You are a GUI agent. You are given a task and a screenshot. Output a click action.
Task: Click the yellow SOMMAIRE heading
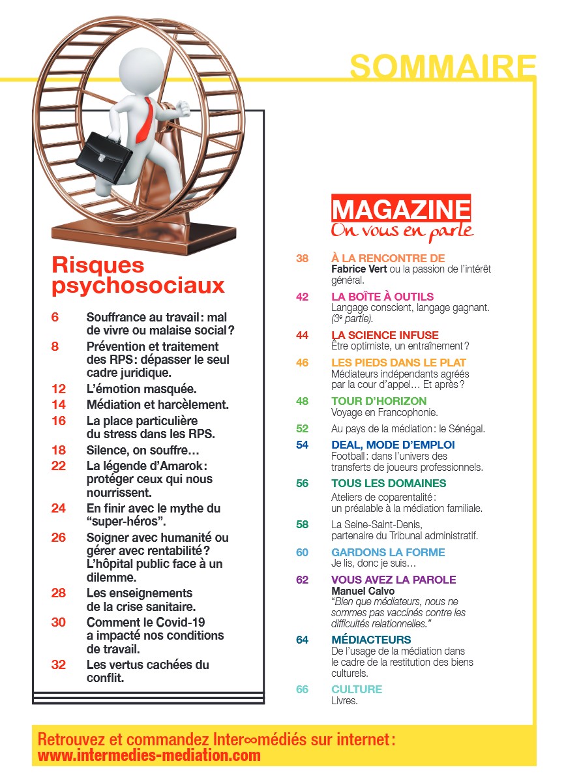pyautogui.click(x=443, y=67)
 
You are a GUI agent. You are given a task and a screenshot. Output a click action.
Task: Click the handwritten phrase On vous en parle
pyautogui.click(x=402, y=230)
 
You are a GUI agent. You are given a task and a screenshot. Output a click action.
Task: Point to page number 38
pyautogui.click(x=302, y=259)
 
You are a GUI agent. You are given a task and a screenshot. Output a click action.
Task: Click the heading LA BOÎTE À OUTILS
pyautogui.click(x=382, y=297)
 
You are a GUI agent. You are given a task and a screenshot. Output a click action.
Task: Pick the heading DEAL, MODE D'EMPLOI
pyautogui.click(x=393, y=445)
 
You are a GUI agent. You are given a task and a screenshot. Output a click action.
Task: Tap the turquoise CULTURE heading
pyautogui.click(x=357, y=689)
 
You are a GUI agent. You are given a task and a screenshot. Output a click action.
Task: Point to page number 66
pyautogui.click(x=302, y=689)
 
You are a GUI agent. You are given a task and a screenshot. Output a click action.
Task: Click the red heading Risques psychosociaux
pyautogui.click(x=138, y=275)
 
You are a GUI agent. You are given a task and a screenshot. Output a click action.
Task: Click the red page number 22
pyautogui.click(x=59, y=466)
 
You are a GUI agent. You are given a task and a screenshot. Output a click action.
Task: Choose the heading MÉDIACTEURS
pyautogui.click(x=371, y=640)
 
